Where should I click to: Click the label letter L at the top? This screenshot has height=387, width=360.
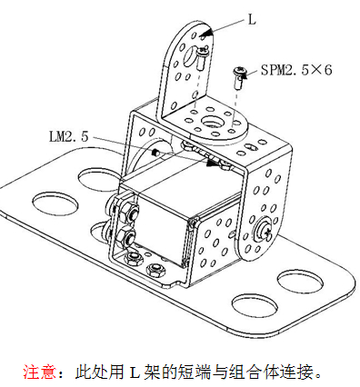point(252,20)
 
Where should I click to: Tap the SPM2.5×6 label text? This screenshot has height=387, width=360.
point(296,70)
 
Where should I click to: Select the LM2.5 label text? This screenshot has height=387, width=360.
point(69,136)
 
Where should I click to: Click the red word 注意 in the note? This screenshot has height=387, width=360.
point(39,372)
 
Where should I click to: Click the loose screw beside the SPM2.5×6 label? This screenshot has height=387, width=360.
point(238,77)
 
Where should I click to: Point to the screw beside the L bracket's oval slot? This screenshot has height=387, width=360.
point(202,57)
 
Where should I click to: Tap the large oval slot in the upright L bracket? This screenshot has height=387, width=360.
point(190,55)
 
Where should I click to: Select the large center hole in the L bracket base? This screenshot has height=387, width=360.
point(213,123)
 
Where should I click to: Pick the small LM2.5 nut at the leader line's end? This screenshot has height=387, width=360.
point(155,153)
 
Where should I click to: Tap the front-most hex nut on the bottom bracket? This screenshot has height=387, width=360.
point(155,270)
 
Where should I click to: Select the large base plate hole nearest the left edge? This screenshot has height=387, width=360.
point(55,203)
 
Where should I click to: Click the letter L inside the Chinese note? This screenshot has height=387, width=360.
point(135,372)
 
